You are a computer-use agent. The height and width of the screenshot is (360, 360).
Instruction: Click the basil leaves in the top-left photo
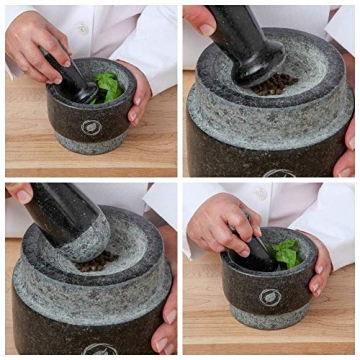[107, 87]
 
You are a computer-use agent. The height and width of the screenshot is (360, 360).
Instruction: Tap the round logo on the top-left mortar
[91, 127]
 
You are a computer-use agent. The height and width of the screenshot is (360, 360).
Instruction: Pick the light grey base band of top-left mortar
[92, 146]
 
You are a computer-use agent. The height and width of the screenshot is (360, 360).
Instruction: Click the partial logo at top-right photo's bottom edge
[281, 173]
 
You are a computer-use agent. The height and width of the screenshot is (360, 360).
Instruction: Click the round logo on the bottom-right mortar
[271, 297]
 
